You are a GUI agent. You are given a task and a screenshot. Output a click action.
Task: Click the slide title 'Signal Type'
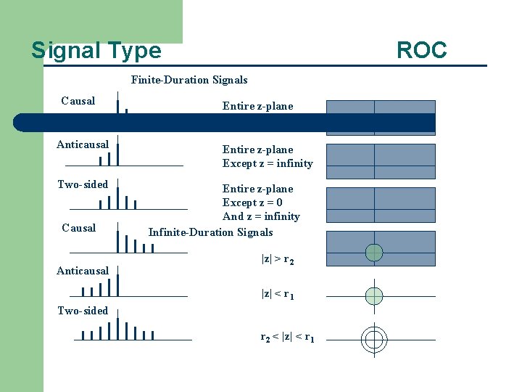tap(96, 50)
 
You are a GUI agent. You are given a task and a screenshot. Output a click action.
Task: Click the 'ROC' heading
tap(421, 50)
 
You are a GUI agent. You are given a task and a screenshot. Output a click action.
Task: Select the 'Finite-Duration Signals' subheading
tap(189, 80)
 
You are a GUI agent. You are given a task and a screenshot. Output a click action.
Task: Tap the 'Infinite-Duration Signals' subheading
tap(210, 232)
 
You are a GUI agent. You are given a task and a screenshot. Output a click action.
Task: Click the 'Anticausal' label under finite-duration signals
tap(83, 144)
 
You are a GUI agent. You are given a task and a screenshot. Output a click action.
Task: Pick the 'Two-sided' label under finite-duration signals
tap(83, 184)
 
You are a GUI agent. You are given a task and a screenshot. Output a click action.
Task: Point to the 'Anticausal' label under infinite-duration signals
tap(83, 271)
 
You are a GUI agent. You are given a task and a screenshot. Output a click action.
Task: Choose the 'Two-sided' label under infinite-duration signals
tap(83, 311)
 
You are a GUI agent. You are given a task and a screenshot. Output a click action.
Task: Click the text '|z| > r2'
tap(277, 258)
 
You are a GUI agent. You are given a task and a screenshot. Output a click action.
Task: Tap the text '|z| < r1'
tap(277, 294)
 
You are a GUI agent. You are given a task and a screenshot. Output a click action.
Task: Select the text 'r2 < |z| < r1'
tap(287, 337)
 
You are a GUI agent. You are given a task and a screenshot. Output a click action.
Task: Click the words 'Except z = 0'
tap(252, 203)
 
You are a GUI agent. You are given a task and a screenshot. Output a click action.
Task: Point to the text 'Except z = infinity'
tap(268, 163)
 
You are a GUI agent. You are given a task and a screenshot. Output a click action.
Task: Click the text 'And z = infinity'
tap(261, 216)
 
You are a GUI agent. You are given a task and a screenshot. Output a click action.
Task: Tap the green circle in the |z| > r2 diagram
tap(373, 253)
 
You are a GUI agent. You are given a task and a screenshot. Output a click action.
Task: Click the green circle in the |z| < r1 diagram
tap(373, 295)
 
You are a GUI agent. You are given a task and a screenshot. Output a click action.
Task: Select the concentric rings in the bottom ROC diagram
tap(374, 338)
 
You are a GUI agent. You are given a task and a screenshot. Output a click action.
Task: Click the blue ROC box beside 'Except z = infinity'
tap(381, 161)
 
